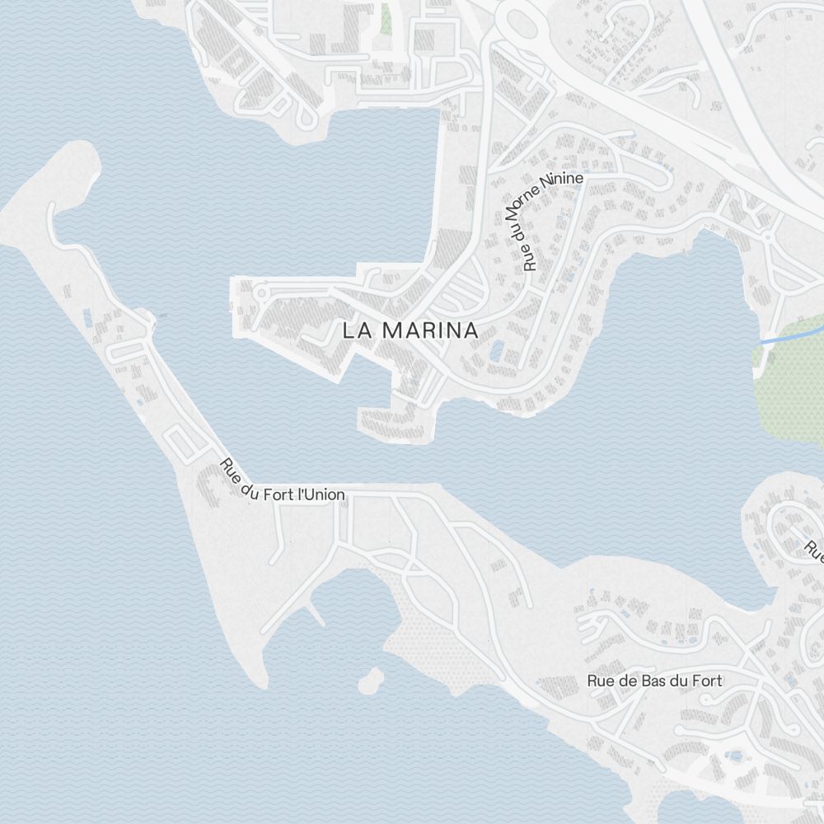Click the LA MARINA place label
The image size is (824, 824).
pos(410,330)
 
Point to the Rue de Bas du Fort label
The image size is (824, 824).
pos(654,681)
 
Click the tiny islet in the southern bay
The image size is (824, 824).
pos(372,680)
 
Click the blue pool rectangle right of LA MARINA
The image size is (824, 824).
pos(498,352)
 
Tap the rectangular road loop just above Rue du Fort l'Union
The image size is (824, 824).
pos(185,444)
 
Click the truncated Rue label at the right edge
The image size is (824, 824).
pos(814,550)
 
